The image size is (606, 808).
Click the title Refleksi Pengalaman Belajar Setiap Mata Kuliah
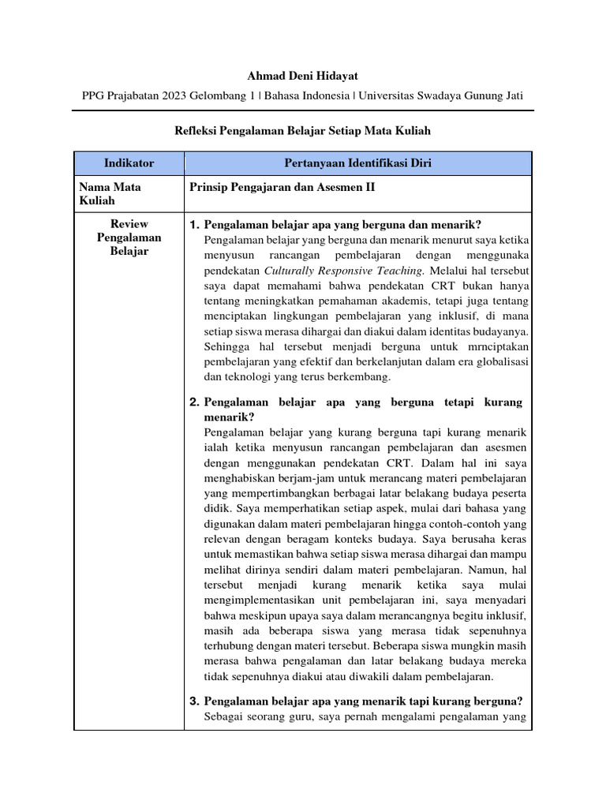(302, 130)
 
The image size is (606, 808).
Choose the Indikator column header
(129, 163)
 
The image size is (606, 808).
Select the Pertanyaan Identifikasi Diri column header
(357, 163)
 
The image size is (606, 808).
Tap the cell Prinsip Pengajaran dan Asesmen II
(282, 188)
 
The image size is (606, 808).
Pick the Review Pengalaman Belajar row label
(129, 238)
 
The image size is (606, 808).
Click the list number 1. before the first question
(195, 225)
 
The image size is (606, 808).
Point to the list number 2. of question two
(195, 402)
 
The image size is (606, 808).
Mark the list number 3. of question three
(195, 701)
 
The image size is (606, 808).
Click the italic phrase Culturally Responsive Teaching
(344, 271)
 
